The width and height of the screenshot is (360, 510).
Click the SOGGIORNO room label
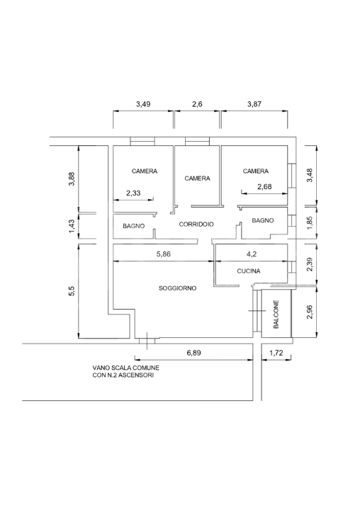click(177, 288)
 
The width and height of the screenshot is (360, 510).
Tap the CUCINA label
click(249, 271)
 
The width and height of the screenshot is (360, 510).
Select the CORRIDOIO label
click(196, 224)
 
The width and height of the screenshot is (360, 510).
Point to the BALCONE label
click(276, 314)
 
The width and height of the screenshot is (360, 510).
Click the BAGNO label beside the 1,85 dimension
click(263, 220)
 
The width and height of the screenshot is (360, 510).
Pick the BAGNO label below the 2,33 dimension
click(133, 226)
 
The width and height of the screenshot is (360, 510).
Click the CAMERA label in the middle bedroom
click(197, 178)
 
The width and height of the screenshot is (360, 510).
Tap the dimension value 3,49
click(143, 104)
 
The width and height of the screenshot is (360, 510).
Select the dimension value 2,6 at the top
click(197, 104)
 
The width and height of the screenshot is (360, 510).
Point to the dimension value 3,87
click(254, 104)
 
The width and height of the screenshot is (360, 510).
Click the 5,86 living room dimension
click(164, 254)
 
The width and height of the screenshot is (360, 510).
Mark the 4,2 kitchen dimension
click(252, 254)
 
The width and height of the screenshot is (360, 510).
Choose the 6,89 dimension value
click(193, 353)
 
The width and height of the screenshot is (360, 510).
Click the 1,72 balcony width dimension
click(276, 353)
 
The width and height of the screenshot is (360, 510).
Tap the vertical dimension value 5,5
click(72, 291)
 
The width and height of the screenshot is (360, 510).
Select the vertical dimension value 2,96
click(309, 312)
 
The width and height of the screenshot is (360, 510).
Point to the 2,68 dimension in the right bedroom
click(264, 187)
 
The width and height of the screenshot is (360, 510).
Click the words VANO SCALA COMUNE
click(126, 368)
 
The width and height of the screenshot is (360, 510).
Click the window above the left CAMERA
click(142, 141)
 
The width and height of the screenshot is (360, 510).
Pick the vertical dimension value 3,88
click(72, 178)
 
